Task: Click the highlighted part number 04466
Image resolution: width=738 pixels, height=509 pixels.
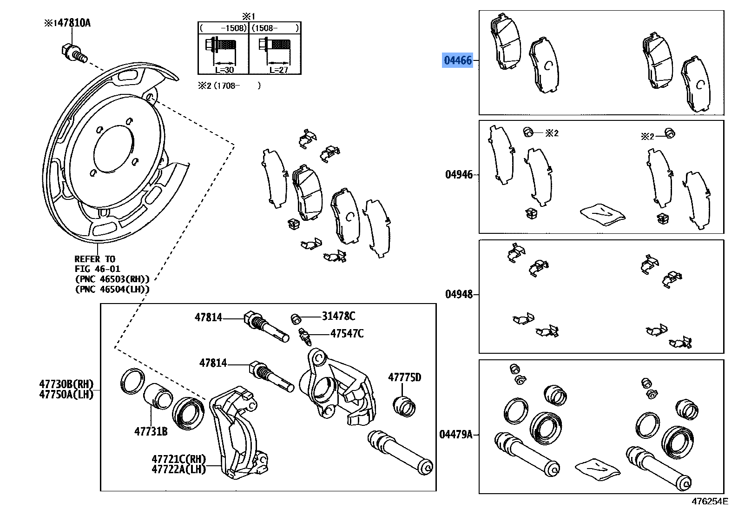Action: [x=457, y=60]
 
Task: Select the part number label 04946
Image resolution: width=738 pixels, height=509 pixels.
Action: [x=459, y=175]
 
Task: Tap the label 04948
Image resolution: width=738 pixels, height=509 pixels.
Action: [x=459, y=294]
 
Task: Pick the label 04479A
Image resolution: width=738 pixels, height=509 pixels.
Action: [x=456, y=435]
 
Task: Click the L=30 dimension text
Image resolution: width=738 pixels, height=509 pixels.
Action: [x=224, y=70]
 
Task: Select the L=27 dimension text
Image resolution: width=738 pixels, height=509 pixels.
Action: [x=278, y=70]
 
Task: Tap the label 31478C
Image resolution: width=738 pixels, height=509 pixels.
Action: [x=338, y=317]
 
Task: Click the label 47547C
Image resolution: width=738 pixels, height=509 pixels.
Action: [x=347, y=333]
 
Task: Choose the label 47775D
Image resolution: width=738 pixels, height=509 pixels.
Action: [x=404, y=377]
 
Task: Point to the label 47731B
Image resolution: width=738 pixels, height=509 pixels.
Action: [x=151, y=431]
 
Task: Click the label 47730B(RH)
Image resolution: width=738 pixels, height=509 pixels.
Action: [x=66, y=384]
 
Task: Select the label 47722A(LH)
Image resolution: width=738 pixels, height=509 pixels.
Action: [x=178, y=469]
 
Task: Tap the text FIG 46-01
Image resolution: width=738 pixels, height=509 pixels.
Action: [x=97, y=269]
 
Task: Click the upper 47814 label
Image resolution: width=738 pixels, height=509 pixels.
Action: [x=208, y=317]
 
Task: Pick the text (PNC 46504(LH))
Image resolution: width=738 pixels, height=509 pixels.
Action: [x=112, y=289]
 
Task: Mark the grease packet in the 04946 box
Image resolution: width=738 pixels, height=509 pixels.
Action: [x=603, y=214]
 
